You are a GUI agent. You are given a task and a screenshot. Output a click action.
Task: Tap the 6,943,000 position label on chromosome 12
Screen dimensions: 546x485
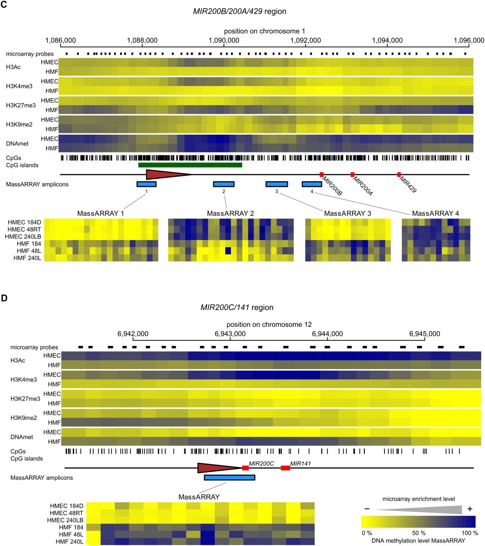pyautogui.click(x=230, y=334)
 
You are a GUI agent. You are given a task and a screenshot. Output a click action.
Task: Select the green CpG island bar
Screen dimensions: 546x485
pyautogui.click(x=190, y=165)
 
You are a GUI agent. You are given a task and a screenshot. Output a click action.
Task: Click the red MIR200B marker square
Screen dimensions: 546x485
pyautogui.click(x=321, y=174)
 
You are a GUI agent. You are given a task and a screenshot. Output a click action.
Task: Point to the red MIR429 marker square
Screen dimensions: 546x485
pyautogui.click(x=399, y=174)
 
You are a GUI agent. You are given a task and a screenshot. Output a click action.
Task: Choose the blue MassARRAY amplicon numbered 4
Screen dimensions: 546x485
pyautogui.click(x=312, y=184)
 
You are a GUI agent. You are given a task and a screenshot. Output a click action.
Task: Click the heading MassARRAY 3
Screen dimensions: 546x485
pyautogui.click(x=347, y=213)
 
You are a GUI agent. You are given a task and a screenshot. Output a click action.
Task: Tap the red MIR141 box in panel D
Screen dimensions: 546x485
pyautogui.click(x=285, y=468)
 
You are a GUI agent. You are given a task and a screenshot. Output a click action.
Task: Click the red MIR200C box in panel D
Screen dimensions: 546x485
pyautogui.click(x=245, y=468)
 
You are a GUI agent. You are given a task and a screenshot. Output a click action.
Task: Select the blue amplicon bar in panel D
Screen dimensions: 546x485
pyautogui.click(x=229, y=478)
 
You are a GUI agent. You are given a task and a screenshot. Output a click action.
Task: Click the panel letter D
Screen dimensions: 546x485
pyautogui.click(x=4, y=298)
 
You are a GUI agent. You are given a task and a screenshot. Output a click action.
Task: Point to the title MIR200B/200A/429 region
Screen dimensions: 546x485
pyautogui.click(x=240, y=11)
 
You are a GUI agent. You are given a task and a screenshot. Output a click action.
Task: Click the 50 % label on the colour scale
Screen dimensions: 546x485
pyautogui.click(x=419, y=533)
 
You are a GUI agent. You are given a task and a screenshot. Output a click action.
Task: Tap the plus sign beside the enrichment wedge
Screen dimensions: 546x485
pyautogui.click(x=470, y=509)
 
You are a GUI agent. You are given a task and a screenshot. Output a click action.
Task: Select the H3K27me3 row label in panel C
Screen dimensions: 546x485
pyautogui.click(x=21, y=105)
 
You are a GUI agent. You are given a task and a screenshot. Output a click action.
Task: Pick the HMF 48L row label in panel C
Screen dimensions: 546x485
pyautogui.click(x=29, y=251)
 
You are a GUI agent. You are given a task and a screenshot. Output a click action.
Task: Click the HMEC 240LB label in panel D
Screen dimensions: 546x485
pyautogui.click(x=66, y=520)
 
